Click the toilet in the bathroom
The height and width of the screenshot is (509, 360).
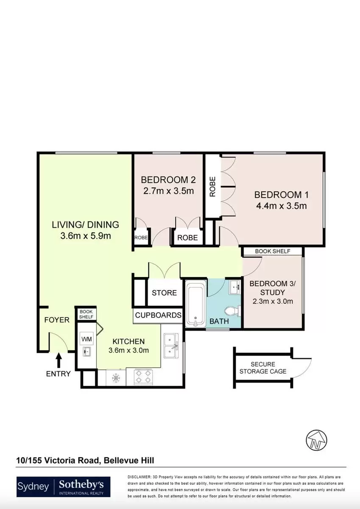(232, 311)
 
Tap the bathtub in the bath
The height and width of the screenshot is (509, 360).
(195, 303)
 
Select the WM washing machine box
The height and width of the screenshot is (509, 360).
(87, 339)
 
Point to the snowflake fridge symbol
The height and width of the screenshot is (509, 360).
(116, 378)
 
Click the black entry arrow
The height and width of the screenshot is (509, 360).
(59, 360)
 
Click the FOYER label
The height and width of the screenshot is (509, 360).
(57, 320)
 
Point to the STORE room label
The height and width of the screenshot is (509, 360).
(164, 293)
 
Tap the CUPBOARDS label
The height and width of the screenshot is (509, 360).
(158, 315)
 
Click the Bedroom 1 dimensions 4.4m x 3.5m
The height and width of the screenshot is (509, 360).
(282, 206)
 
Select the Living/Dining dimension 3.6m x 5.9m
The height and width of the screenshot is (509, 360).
(86, 236)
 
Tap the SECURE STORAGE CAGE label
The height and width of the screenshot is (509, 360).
(263, 368)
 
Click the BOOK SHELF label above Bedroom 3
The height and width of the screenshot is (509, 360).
(273, 251)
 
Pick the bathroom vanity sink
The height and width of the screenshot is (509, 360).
(235, 288)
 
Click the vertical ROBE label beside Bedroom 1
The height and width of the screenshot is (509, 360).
(212, 187)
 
